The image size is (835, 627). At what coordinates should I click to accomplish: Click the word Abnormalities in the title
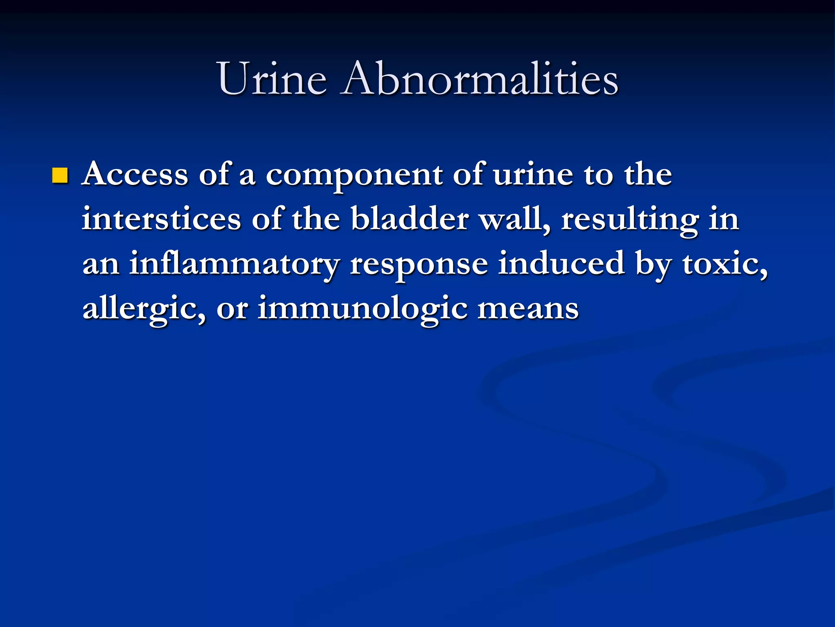(480, 78)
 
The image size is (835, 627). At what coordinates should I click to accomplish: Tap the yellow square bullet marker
(60, 176)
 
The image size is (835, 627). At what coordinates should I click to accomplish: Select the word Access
(135, 174)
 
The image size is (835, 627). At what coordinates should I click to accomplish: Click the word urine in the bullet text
(533, 174)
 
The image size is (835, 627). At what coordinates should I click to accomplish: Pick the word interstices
(161, 219)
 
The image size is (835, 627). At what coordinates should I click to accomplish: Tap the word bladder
(409, 219)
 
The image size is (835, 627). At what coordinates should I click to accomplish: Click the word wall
(515, 219)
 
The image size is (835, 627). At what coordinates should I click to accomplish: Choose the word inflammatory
(234, 265)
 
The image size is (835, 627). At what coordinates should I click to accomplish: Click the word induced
(561, 264)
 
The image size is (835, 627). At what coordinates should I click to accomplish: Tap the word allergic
(144, 309)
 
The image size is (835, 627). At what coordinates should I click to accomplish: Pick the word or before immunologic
(232, 309)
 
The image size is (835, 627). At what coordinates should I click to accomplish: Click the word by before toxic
(653, 265)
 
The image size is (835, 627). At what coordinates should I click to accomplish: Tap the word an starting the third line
(101, 265)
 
